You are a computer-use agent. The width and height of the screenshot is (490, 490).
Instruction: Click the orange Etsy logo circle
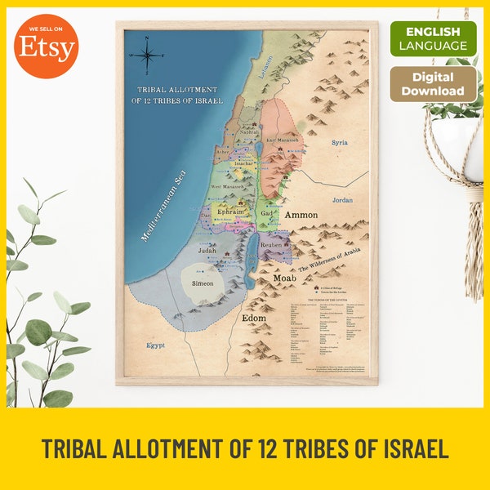47,47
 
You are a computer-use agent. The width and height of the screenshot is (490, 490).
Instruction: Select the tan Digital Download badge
433,84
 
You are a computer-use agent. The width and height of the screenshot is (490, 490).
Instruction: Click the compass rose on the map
149,55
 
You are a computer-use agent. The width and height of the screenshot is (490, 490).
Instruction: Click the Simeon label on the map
203,283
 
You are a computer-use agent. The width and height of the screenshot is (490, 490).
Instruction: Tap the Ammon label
301,215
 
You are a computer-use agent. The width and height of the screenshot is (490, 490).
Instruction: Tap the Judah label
206,252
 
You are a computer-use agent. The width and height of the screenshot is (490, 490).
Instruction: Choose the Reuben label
271,244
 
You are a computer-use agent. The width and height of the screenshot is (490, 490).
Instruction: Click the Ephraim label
230,212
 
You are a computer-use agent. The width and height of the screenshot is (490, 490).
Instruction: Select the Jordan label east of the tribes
341,198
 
